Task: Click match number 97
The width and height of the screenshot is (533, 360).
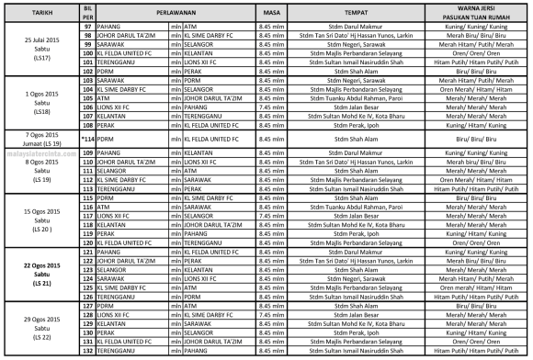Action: (88, 28)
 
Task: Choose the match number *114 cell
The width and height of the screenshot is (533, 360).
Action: (88, 138)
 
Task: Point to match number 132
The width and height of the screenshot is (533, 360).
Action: (88, 351)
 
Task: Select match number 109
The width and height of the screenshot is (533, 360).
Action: (88, 152)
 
